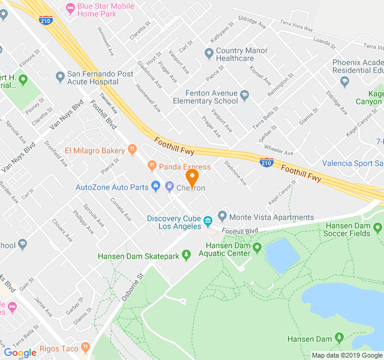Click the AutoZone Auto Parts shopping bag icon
(156, 187)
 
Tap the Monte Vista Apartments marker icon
(223, 217)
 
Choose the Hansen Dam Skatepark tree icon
(187, 256)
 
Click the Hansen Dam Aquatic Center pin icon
(257, 248)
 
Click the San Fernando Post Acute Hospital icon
(60, 77)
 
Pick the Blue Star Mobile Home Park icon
(70, 7)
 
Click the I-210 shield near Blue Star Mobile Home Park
(46, 20)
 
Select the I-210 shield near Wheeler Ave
(267, 162)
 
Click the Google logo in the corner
(20, 352)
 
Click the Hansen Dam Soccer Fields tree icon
(377, 228)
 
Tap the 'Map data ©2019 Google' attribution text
(346, 355)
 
